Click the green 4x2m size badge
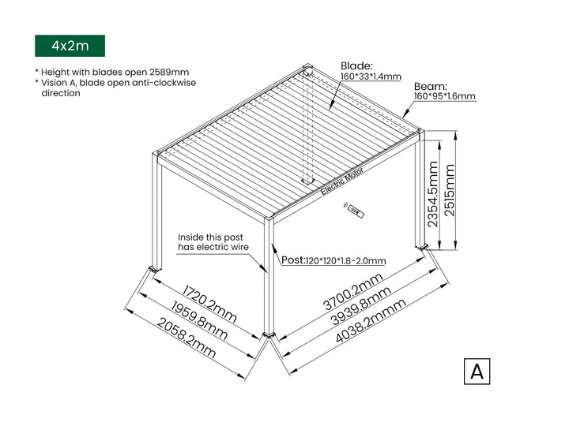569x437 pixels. [x=70, y=46]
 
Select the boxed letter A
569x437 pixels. [x=477, y=371]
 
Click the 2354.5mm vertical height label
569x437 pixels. [x=433, y=194]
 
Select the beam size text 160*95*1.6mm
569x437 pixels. [x=445, y=96]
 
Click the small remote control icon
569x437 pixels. [x=354, y=210]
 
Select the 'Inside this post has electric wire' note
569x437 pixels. [x=213, y=242]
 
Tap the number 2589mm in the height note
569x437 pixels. [x=168, y=72]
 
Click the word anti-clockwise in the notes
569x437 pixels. [x=162, y=82]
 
